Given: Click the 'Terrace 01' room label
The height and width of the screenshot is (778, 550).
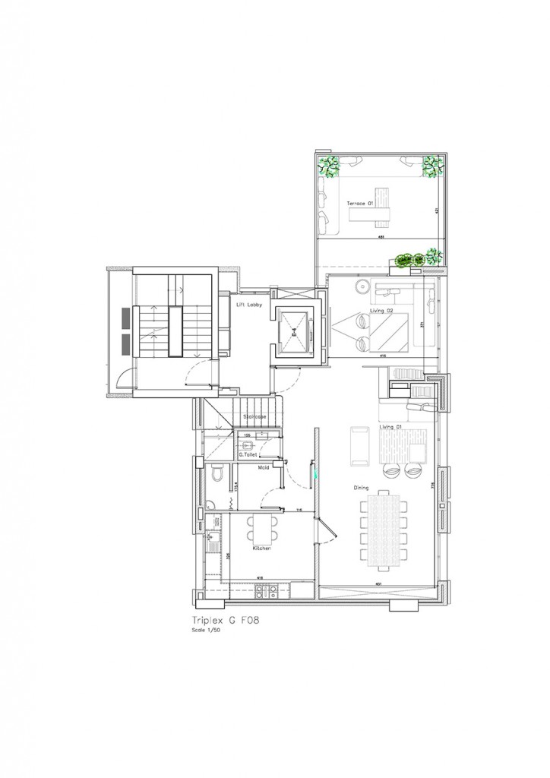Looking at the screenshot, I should click(359, 204).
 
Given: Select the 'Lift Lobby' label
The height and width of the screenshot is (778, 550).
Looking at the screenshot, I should click(249, 305).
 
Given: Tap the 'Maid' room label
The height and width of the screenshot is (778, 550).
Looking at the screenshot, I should click(264, 468).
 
